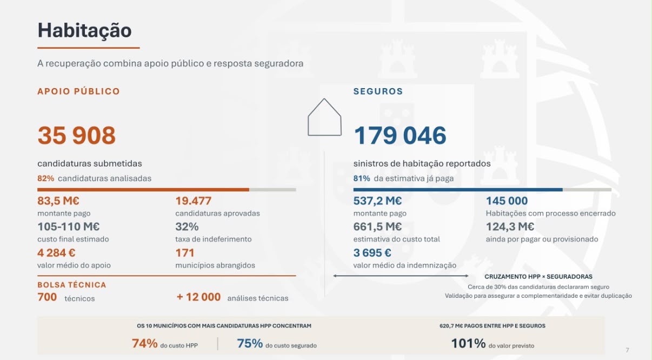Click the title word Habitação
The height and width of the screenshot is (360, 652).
(x=84, y=31)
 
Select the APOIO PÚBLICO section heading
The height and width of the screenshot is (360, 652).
(x=78, y=91)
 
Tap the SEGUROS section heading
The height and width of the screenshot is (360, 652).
(x=378, y=91)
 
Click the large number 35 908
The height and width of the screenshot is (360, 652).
(x=77, y=135)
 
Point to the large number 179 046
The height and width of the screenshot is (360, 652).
(x=400, y=135)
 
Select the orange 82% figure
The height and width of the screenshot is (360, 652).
(x=46, y=178)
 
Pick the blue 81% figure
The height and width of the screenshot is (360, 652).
(x=362, y=178)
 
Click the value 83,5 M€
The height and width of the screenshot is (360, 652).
(x=58, y=201)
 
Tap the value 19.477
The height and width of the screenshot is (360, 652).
(x=193, y=201)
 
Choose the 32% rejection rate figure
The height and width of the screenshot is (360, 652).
(x=187, y=226)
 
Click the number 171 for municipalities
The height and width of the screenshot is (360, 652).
(x=184, y=252)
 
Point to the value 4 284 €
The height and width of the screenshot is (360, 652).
(x=56, y=252)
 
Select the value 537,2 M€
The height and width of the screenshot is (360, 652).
(x=377, y=201)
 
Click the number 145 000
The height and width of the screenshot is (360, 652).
(x=507, y=201)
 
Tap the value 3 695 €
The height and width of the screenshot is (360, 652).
(x=372, y=252)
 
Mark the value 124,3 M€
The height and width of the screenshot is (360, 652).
(x=510, y=226)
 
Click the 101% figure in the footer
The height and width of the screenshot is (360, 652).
(x=468, y=343)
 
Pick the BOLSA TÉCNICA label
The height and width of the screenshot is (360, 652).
(x=71, y=285)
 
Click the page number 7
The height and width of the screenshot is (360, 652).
(x=627, y=350)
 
